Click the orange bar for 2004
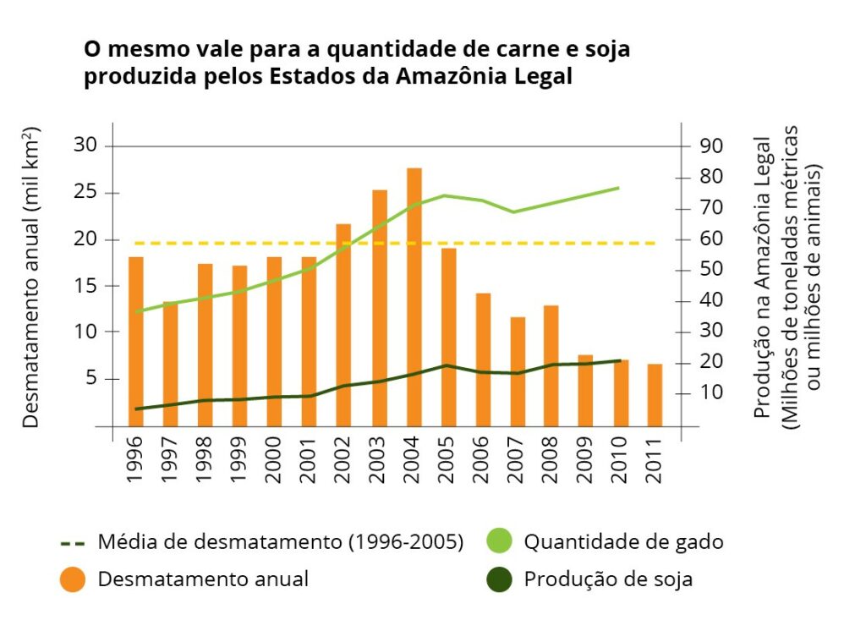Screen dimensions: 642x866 pos(414,296)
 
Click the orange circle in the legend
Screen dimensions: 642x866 pos(74,580)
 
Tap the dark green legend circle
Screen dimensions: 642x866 pos(500,580)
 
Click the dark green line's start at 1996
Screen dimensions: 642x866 pos(135,409)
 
